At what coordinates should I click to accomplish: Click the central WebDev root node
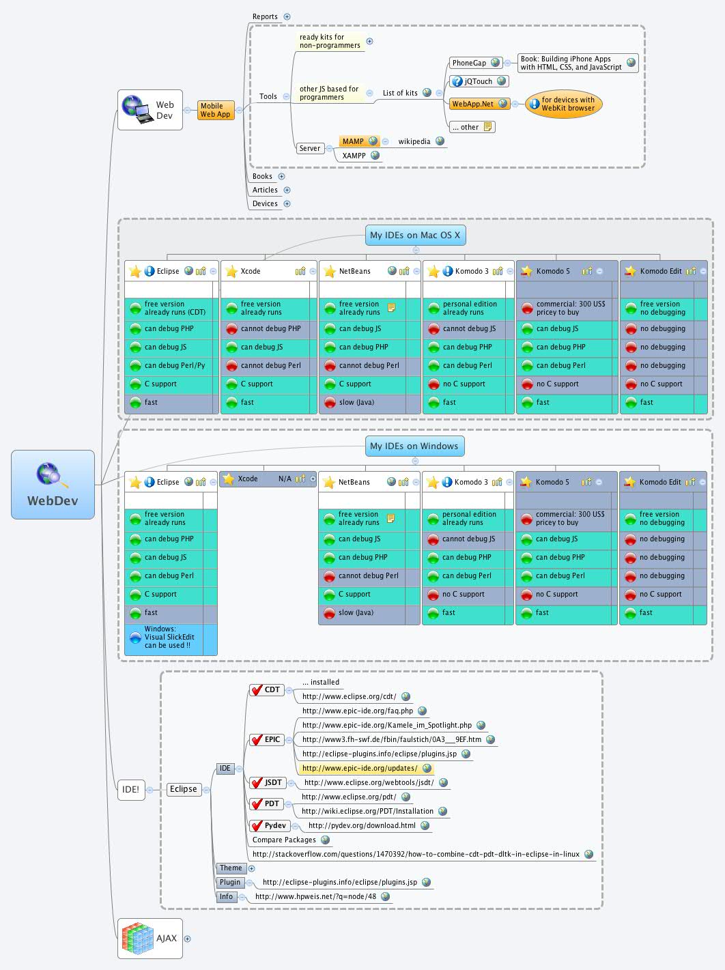point(53,484)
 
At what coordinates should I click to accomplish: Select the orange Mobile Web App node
point(216,110)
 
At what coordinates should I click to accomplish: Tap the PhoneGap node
point(470,63)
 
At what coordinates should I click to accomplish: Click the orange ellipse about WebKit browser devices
point(564,104)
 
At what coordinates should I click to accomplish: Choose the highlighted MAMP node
point(353,141)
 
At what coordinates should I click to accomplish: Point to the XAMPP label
point(354,156)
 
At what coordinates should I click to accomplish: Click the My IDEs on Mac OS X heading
point(415,236)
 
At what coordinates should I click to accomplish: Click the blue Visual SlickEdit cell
point(170,638)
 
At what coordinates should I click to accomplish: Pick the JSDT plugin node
point(272,783)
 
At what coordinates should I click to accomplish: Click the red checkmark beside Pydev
point(257,826)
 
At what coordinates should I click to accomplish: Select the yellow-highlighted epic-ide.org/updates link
point(360,769)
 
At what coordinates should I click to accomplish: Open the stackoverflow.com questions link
point(416,854)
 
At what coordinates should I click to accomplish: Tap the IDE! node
point(130,789)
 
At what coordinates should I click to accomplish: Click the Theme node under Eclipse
point(231,868)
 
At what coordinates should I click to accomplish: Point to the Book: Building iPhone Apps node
point(571,63)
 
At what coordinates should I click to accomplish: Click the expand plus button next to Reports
point(287,16)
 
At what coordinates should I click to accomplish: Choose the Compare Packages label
point(284,840)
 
